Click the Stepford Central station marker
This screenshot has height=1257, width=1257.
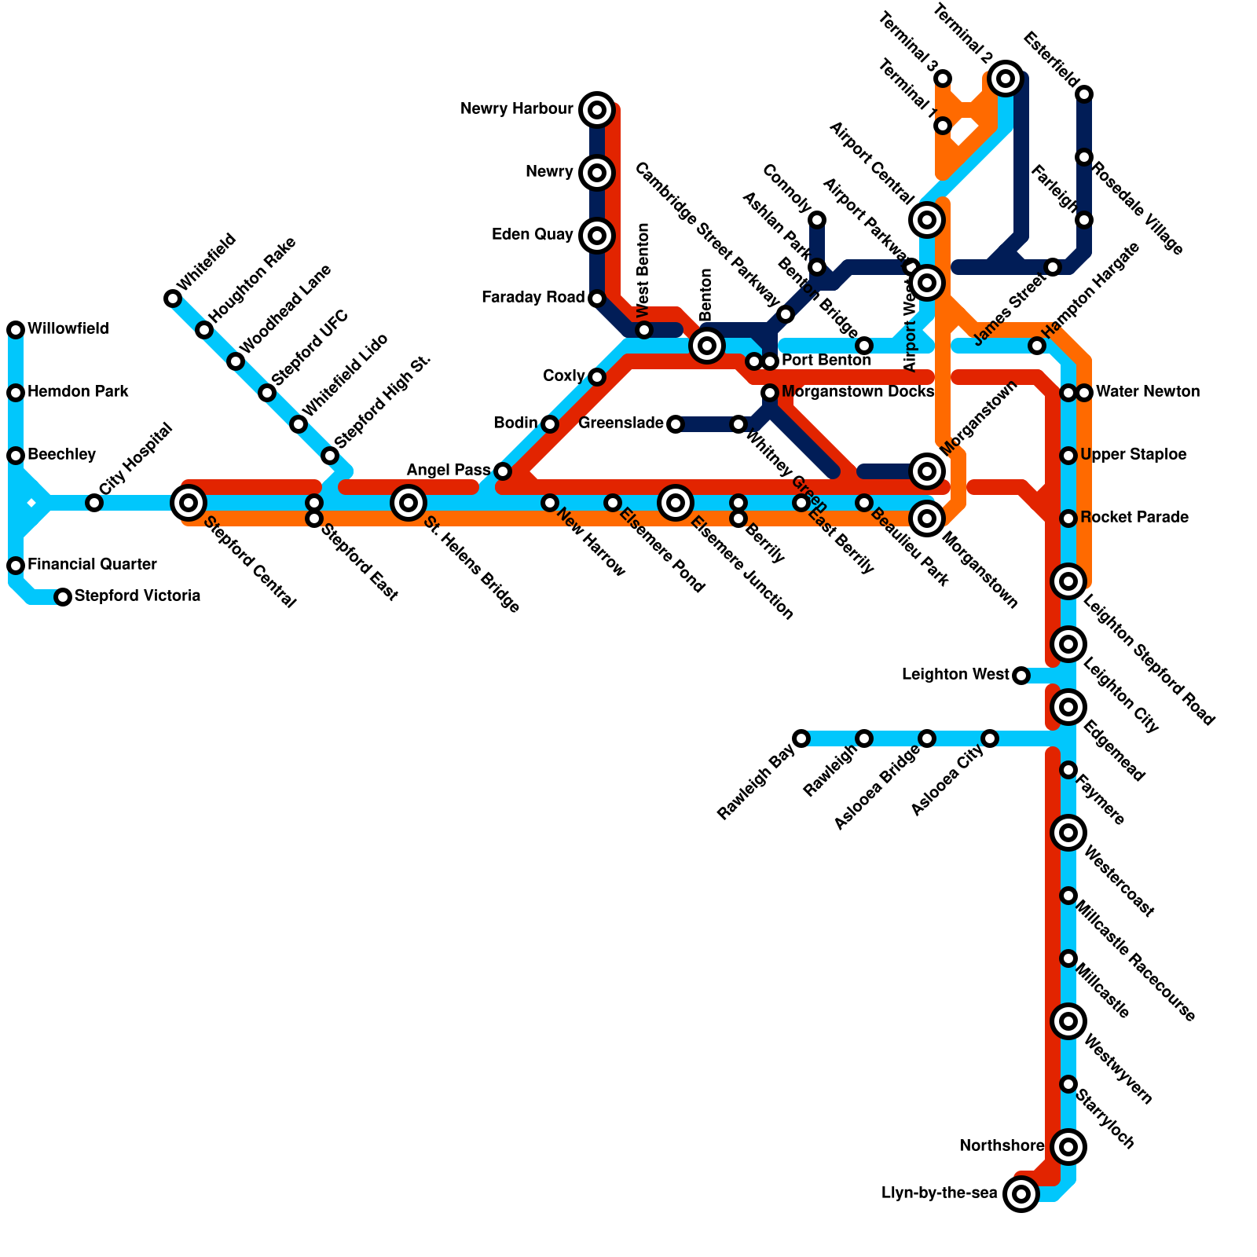click(189, 502)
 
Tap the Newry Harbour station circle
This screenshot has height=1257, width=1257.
click(597, 109)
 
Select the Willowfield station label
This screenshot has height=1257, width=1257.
click(68, 328)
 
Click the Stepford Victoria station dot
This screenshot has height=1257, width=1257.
click(63, 597)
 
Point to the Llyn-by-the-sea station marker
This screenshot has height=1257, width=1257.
click(1021, 1194)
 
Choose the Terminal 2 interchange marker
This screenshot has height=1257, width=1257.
click(1006, 78)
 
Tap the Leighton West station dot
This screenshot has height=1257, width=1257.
click(1021, 675)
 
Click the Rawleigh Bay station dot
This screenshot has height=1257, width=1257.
click(801, 738)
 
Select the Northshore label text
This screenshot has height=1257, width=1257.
click(1002, 1146)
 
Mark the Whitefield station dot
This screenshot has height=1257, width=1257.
click(173, 298)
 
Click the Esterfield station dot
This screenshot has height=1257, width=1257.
click(1084, 94)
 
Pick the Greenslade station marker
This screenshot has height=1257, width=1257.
click(676, 424)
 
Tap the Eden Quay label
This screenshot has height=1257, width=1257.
click(533, 235)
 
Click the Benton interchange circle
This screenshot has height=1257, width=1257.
click(707, 345)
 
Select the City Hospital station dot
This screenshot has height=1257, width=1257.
click(94, 503)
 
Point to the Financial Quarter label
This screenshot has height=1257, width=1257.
click(92, 564)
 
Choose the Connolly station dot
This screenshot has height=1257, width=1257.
click(817, 219)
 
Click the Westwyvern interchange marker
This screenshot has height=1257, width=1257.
click(1068, 1021)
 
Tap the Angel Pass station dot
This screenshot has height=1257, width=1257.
click(503, 471)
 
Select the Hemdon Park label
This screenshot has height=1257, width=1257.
click(78, 391)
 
